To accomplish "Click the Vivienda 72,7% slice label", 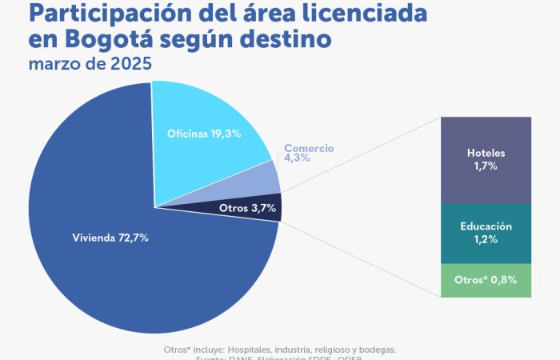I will pos(110,238).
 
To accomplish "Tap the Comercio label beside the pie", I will pos(309,149).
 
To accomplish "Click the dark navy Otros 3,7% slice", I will pos(248,208).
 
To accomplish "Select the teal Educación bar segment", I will pos(486,233).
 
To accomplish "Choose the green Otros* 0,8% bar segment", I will pos(486,280).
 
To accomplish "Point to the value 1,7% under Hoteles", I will pos(486,166).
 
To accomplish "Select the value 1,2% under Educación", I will pos(486,239).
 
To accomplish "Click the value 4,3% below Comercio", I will pos(296,158).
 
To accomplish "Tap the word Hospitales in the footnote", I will pos(254,349).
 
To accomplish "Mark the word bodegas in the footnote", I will pos(375,349).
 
